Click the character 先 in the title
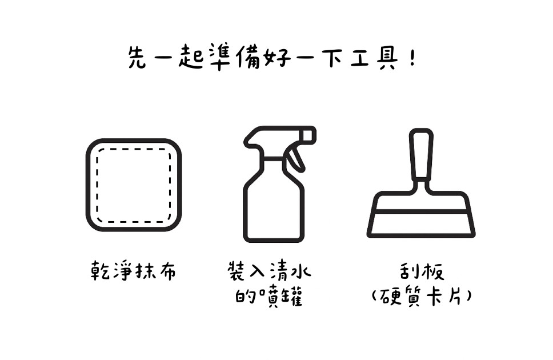point(137,57)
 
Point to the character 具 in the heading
point(387,58)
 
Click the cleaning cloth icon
point(134,185)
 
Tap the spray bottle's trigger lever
point(295,159)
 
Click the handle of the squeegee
point(421,155)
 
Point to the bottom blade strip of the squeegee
point(421,225)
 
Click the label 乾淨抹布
point(133,271)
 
